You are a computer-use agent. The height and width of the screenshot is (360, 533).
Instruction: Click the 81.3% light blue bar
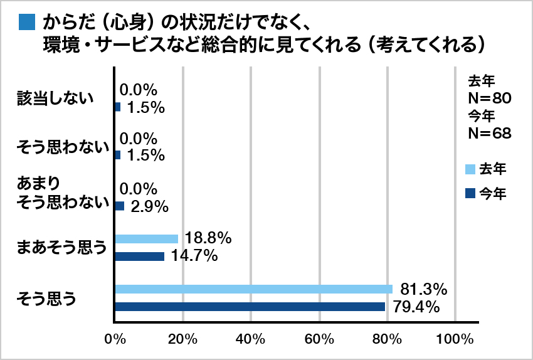253,289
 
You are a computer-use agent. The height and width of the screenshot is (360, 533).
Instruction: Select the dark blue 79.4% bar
250,307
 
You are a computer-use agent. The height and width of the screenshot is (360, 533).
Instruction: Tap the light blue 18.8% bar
147,239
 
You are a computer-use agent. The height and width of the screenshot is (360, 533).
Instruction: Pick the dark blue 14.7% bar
140,256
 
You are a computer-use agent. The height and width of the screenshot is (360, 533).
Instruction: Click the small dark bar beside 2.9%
120,205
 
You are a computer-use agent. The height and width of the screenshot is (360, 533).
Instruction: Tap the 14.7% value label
193,256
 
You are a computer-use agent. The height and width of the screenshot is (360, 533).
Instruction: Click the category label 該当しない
56,98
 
